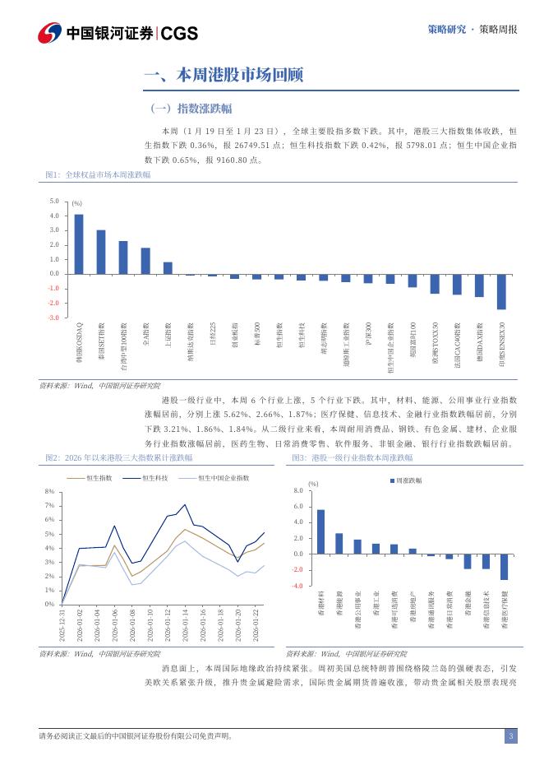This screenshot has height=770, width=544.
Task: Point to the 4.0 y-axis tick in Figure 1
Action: pos(54,216)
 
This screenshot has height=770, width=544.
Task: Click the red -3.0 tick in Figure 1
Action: pos(53,318)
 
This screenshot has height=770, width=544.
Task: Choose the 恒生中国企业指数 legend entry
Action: pos(217,477)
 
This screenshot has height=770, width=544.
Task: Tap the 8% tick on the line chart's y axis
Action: pos(49,492)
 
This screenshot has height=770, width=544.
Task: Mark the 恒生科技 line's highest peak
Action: pos(184,504)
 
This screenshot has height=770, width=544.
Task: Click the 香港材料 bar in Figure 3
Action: pos(320,531)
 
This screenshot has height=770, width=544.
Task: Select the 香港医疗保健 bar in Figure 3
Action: pos(504,567)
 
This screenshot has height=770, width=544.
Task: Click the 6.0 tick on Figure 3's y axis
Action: pos(297,507)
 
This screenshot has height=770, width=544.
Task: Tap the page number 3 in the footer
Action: pos(510,736)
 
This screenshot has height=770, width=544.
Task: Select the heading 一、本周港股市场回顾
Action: pos(224,77)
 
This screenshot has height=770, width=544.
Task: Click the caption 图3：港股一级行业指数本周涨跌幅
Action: pos(353,457)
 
